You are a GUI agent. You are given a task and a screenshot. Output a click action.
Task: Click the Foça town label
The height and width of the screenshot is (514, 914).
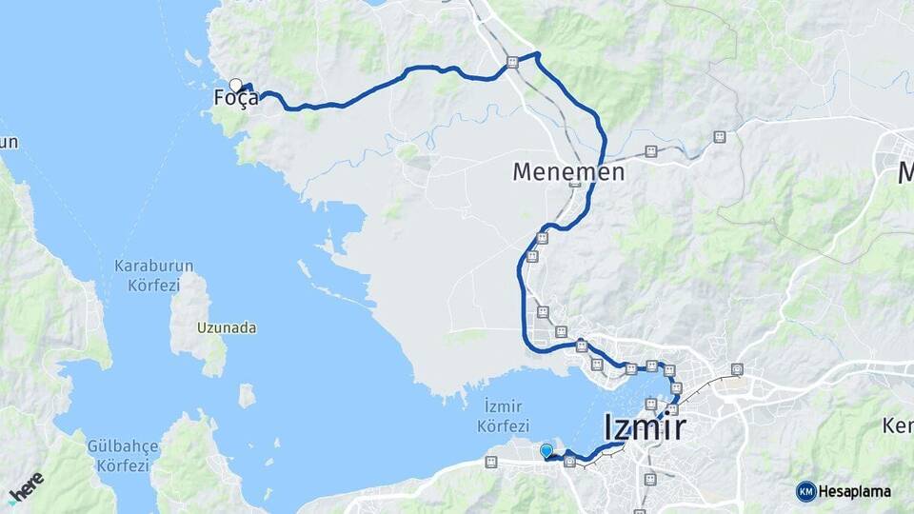[235, 98]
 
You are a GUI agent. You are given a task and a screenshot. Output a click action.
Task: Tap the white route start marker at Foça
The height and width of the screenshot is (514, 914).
[235, 85]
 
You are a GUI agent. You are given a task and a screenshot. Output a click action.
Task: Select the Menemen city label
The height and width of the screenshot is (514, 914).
[568, 172]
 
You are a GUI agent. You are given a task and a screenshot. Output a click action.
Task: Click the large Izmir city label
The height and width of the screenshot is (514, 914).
[645, 428]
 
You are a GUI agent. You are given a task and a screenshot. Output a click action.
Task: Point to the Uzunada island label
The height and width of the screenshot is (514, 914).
[227, 327]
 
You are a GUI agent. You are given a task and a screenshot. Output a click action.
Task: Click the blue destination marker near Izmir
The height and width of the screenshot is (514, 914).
[546, 450]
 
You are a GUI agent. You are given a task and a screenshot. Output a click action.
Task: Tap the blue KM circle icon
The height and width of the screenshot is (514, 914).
[805, 491]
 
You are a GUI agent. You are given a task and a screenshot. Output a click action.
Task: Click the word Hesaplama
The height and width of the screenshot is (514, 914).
[855, 491]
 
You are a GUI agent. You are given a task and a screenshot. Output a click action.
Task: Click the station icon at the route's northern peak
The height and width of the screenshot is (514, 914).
[512, 62]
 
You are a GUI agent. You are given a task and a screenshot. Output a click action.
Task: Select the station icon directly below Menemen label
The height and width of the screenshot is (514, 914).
[574, 188]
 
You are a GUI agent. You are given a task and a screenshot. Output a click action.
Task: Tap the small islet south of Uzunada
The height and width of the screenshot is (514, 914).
[247, 394]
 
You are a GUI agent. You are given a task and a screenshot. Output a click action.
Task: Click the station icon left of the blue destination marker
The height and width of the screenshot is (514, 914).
[490, 462]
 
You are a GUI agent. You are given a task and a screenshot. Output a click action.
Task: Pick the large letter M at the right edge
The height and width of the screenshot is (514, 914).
[905, 172]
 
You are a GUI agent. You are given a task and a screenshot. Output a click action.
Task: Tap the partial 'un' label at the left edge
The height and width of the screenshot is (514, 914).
[9, 143]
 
